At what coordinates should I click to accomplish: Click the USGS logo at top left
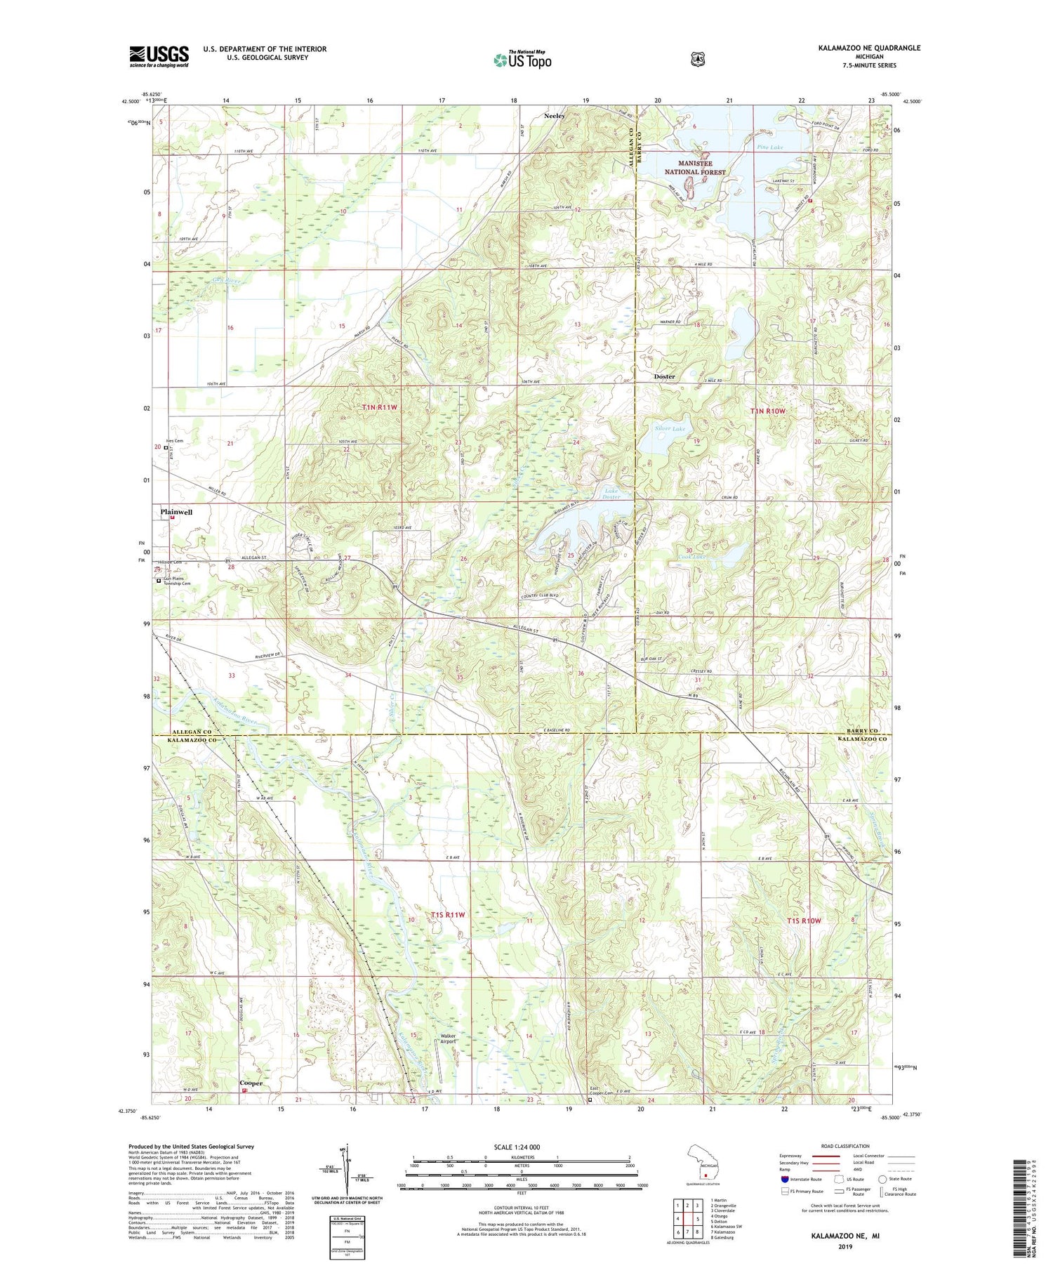tap(159, 56)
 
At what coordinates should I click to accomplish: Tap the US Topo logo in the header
tap(522, 60)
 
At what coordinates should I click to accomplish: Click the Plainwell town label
tap(176, 512)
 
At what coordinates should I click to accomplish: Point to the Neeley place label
tap(555, 116)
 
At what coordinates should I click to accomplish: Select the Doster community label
tap(664, 376)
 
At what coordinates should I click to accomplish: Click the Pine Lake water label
tap(770, 147)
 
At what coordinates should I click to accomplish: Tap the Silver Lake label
tap(670, 428)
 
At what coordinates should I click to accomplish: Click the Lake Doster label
tap(611, 493)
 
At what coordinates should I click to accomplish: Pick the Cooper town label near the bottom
tap(251, 1083)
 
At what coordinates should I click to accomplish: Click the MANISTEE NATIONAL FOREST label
tap(695, 168)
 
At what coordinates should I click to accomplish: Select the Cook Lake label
tap(691, 557)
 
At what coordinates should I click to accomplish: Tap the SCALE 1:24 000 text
tap(522, 1147)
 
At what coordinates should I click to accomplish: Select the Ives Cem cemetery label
tap(174, 441)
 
